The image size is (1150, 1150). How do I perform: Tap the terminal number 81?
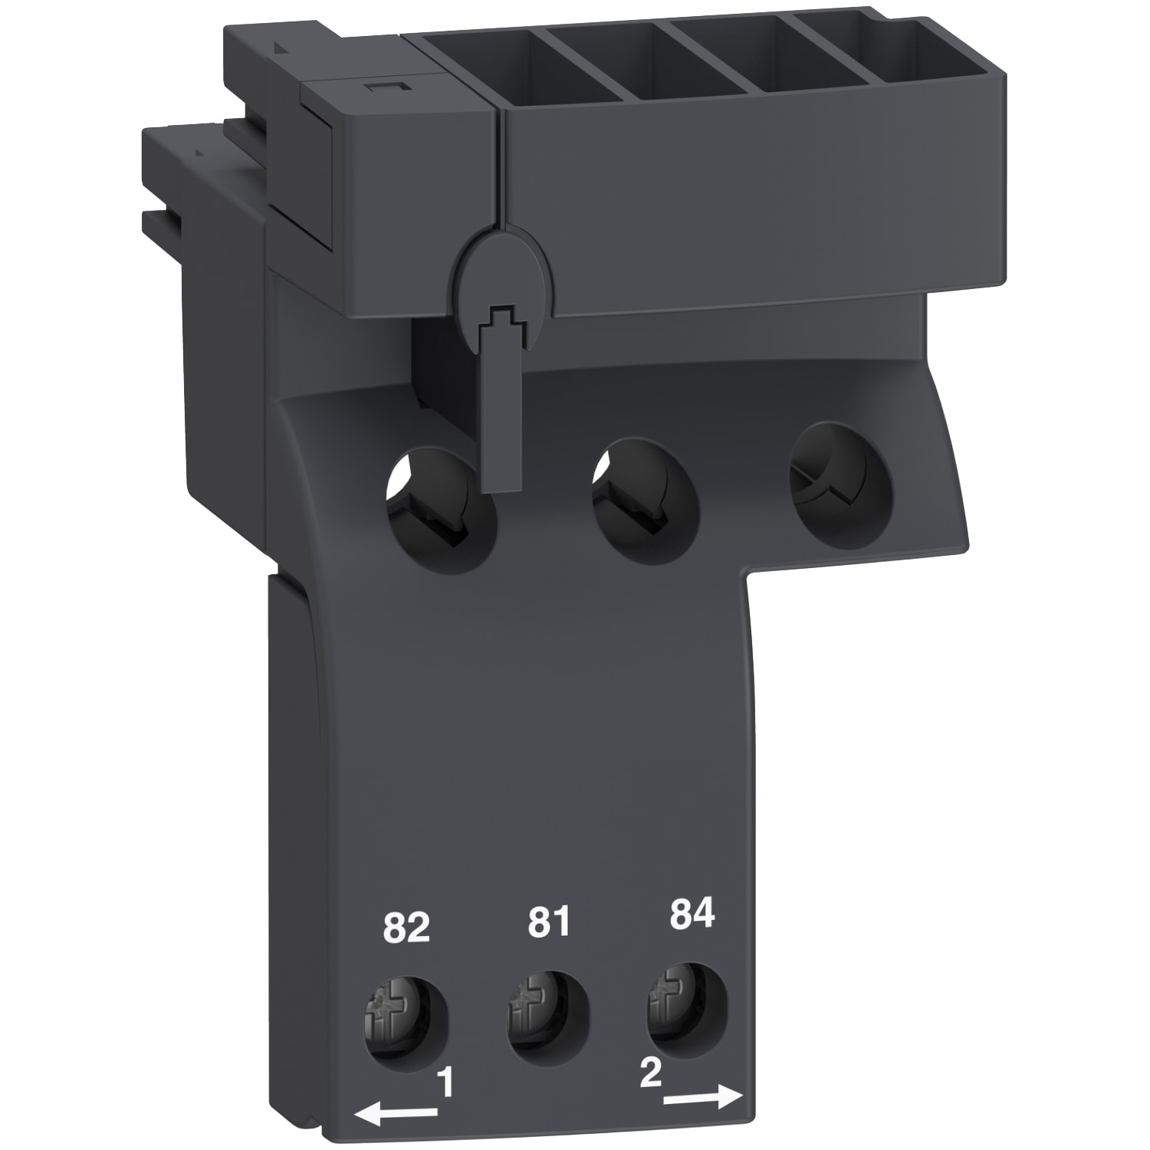[x=549, y=922]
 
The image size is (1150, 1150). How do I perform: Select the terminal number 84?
[x=692, y=915]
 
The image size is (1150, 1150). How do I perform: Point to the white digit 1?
[x=444, y=1084]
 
